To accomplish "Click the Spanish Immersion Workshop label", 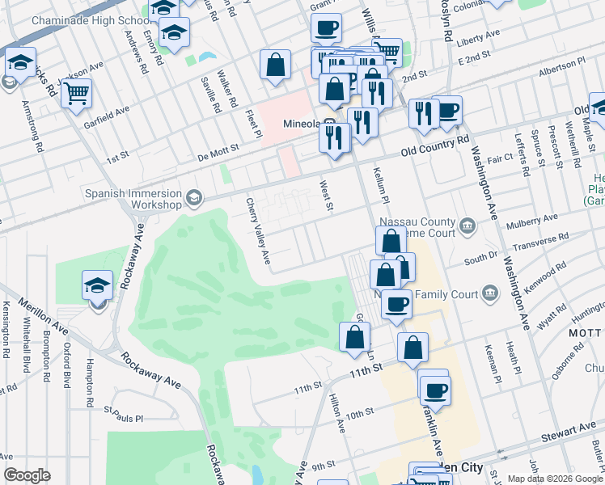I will (x=136, y=198).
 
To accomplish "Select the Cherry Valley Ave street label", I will (x=256, y=231).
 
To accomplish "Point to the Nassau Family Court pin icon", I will (x=489, y=292).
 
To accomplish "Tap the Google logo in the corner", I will (x=27, y=475).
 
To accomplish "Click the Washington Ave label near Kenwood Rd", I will (x=516, y=293).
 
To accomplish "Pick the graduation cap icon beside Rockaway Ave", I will (x=97, y=285).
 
